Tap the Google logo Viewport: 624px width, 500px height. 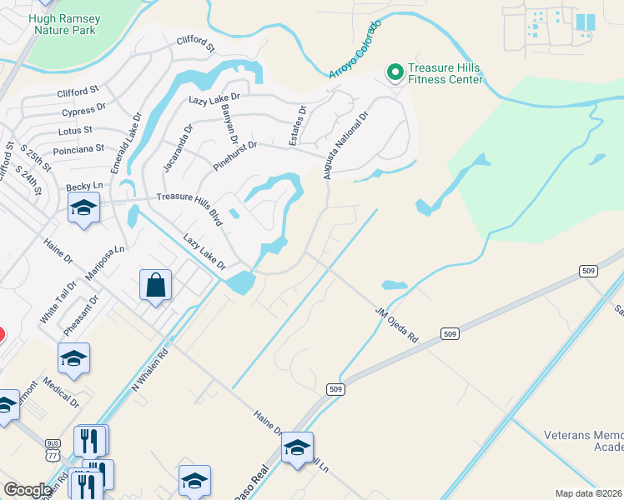click(28, 490)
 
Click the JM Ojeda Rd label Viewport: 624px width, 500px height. click(396, 325)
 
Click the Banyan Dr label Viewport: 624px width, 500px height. click(229, 127)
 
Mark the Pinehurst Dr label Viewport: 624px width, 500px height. click(234, 156)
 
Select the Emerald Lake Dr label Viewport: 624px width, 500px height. click(126, 142)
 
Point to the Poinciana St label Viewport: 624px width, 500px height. click(78, 148)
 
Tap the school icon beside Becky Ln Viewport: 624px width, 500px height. click(83, 207)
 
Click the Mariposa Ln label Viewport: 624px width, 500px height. click(104, 262)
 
